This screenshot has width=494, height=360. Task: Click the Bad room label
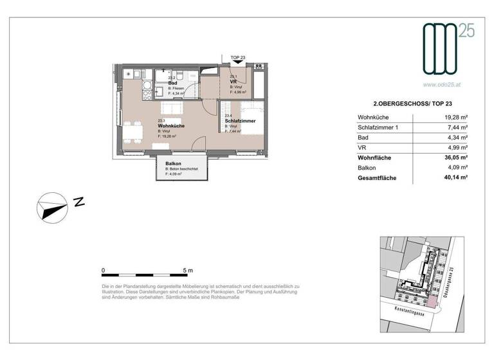pos(173,84)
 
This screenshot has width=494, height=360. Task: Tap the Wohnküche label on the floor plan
pos(171,126)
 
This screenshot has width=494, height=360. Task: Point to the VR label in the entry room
pos(234,82)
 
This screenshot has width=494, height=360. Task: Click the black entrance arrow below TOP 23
pos(237,64)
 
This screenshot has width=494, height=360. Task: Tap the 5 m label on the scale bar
pos(188,271)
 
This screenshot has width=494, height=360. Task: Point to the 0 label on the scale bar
pos(104,271)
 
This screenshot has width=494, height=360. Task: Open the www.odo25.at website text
pos(444,84)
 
